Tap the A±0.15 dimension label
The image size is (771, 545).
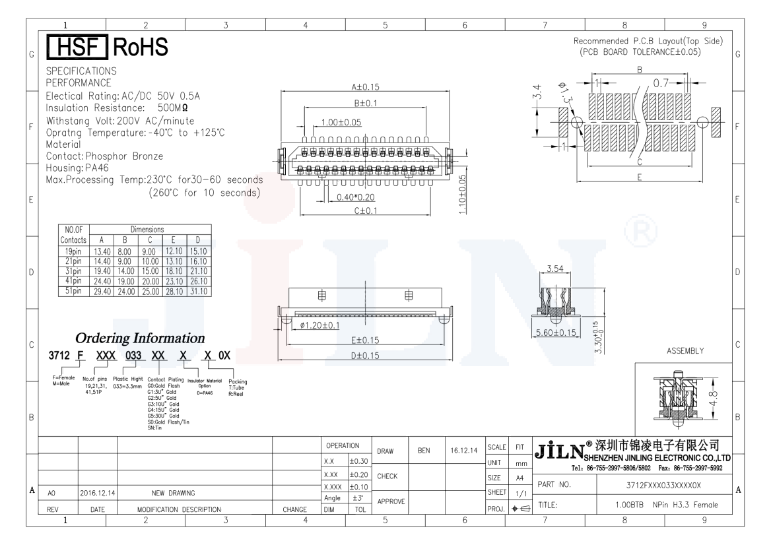364,86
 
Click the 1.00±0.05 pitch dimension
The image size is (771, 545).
341,122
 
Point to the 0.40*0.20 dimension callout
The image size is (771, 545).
355,197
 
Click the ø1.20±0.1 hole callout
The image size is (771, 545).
320,325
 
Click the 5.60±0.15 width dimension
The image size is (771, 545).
556,333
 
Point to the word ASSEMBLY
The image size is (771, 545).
687,350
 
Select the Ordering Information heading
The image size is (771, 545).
140,338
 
